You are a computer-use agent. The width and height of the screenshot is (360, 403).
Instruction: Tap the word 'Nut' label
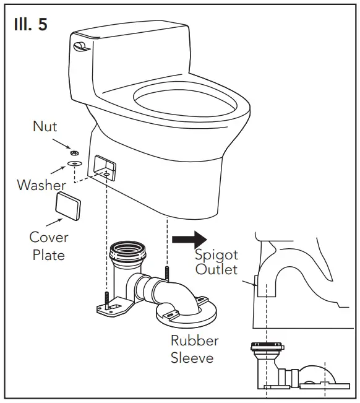(x=45, y=127)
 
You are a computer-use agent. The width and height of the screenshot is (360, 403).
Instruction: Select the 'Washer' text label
(x=41, y=184)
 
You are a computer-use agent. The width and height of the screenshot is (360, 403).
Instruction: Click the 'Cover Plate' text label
(x=49, y=246)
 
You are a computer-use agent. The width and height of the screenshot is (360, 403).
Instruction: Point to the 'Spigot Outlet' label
(x=216, y=262)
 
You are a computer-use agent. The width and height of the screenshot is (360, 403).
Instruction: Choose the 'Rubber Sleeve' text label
(x=194, y=349)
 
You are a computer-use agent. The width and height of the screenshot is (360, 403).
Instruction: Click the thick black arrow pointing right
(x=189, y=238)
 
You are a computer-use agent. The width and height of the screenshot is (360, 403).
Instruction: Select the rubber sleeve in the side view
(x=267, y=353)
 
